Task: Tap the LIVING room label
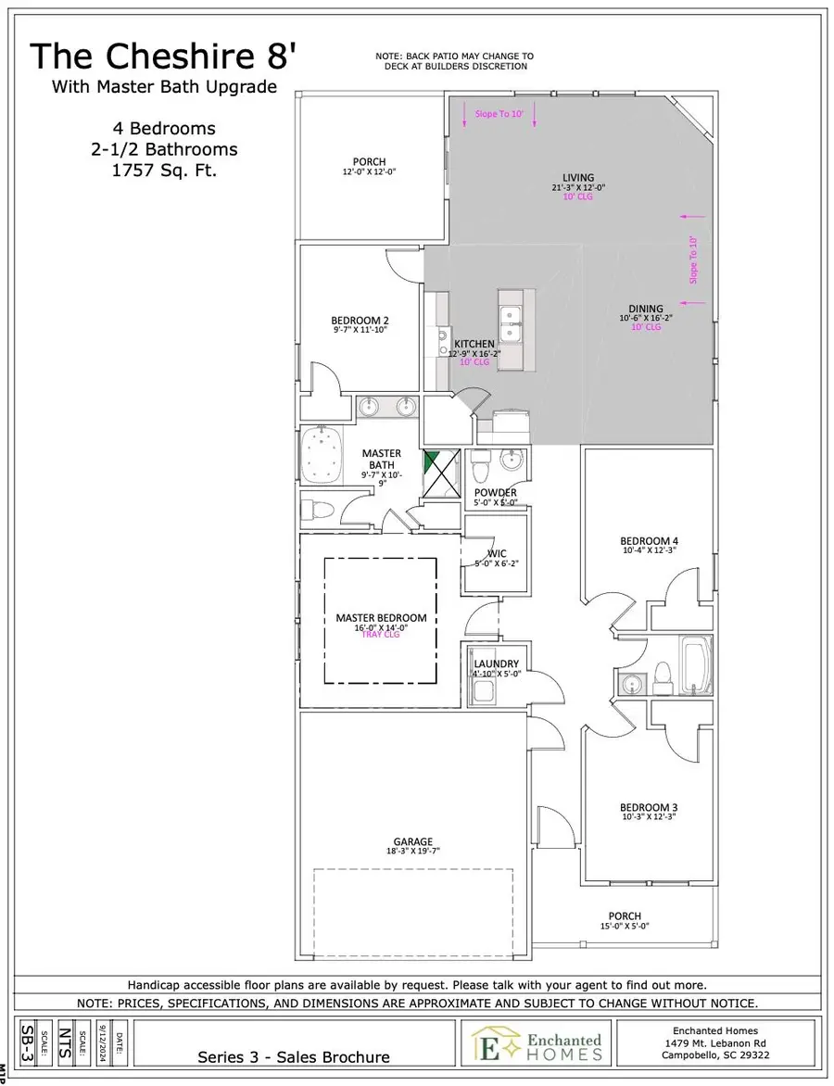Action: tap(578, 178)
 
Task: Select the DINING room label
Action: tap(645, 309)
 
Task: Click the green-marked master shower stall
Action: tap(440, 474)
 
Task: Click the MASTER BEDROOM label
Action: tap(381, 617)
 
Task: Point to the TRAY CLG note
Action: tap(381, 636)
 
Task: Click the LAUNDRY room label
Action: tap(496, 664)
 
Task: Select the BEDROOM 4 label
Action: tap(649, 541)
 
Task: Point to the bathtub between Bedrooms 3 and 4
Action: tap(696, 664)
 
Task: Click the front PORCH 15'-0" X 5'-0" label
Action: tap(625, 916)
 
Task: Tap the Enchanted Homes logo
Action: tap(537, 1042)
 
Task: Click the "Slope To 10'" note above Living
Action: tap(499, 113)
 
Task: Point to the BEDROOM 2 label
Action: tap(360, 321)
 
